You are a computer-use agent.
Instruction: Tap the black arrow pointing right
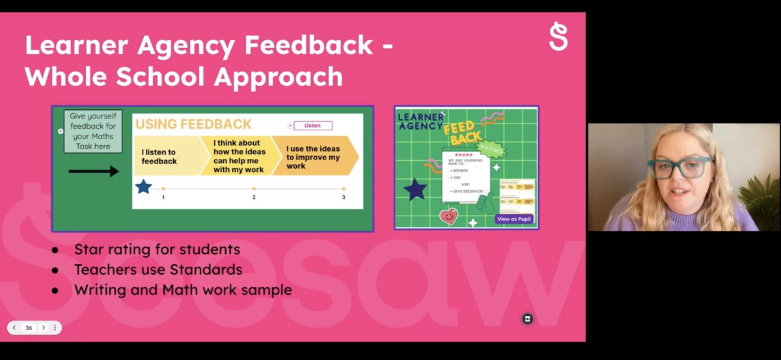click(94, 171)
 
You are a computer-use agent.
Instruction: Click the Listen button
click(312, 126)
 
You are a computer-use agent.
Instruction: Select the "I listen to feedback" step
click(161, 156)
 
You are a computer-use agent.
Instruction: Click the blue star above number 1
click(143, 187)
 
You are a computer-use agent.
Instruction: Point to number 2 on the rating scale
click(254, 197)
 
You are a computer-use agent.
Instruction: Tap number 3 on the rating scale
click(344, 197)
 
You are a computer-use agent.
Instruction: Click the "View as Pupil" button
click(514, 219)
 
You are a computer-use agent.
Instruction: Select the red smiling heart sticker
click(448, 215)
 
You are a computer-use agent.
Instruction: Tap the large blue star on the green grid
click(415, 189)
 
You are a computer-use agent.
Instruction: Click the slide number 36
click(29, 328)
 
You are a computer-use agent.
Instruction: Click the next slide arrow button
click(44, 328)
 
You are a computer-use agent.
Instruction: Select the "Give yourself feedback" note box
click(92, 132)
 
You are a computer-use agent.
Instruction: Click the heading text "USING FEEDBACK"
click(193, 124)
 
